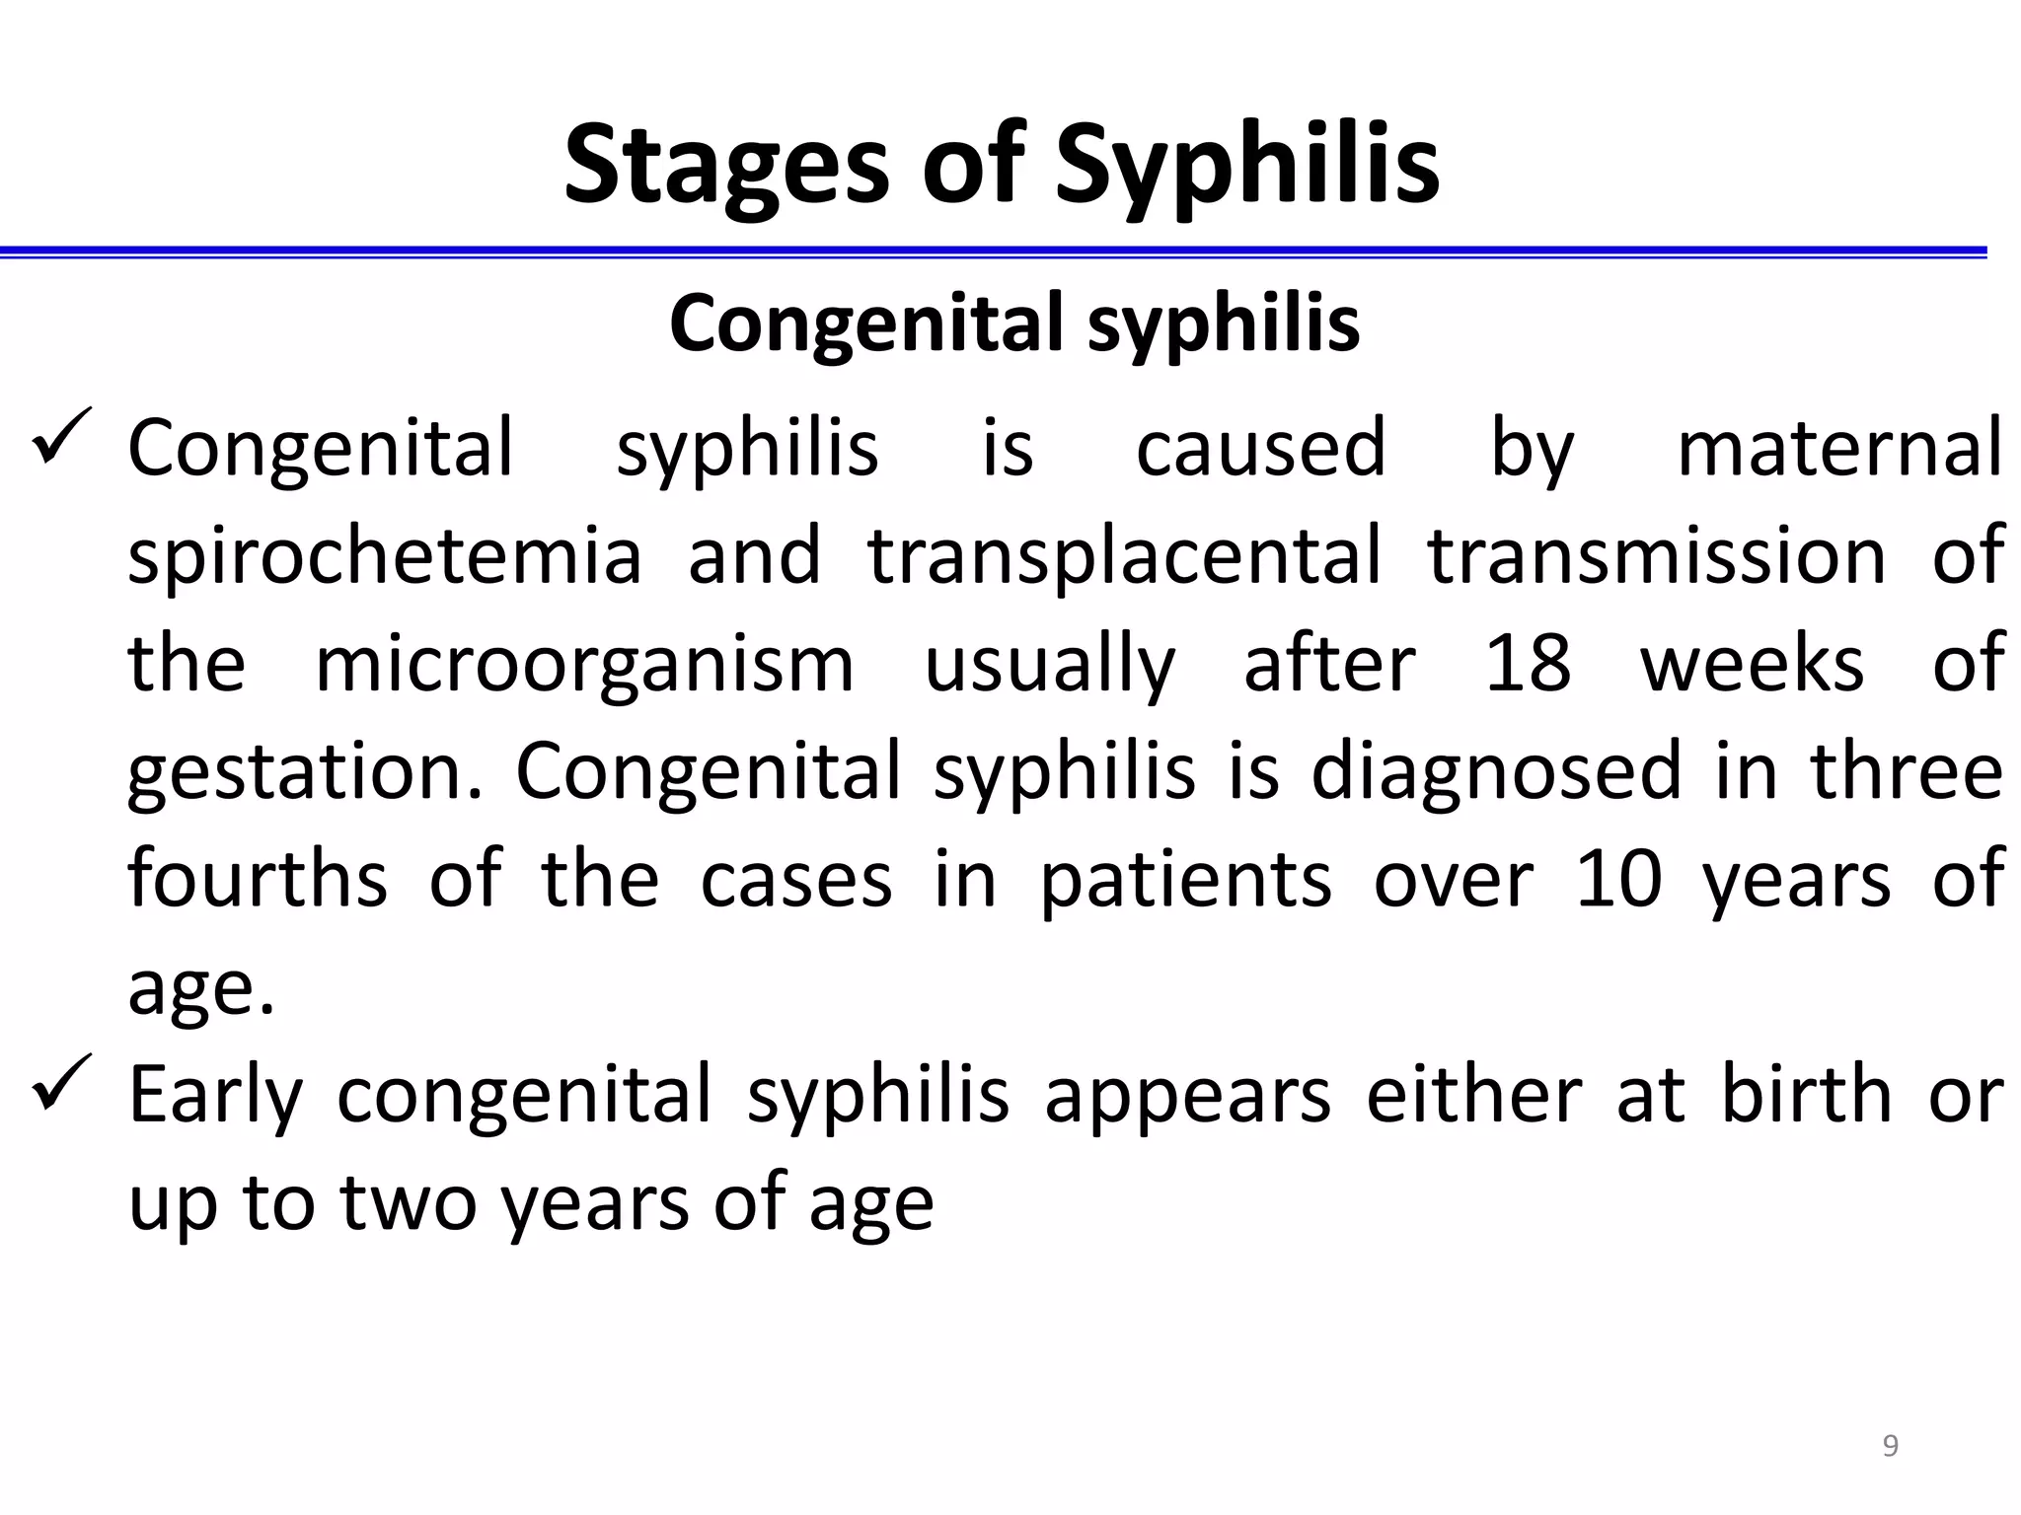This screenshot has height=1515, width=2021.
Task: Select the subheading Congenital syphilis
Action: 1014,323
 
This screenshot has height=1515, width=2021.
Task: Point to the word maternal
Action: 1839,448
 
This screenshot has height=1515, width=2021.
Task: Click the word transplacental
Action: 1124,555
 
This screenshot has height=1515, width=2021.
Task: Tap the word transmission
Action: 1657,555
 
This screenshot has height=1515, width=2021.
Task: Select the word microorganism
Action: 584,665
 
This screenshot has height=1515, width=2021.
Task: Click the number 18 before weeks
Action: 1528,663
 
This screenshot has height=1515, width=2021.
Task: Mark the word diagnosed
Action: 1496,772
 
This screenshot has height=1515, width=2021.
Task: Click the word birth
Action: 1806,1094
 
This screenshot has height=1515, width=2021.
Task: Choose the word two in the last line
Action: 409,1203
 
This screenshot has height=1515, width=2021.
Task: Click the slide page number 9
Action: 1890,1446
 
